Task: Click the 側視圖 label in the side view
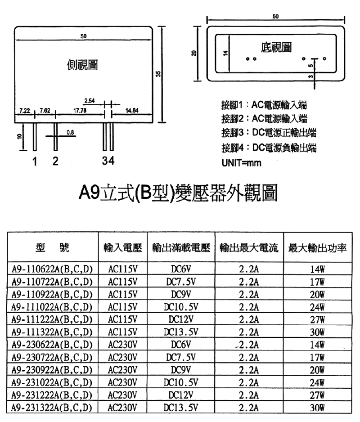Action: [81, 64]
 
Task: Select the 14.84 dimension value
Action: [132, 110]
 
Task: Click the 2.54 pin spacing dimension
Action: [89, 100]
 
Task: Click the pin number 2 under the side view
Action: [55, 162]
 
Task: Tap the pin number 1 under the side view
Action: [34, 162]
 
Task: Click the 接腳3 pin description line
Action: [269, 133]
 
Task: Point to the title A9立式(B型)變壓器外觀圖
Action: [177, 192]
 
